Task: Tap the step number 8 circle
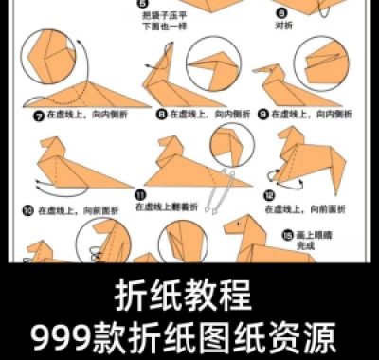pyautogui.click(x=161, y=114)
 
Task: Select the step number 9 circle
pyautogui.click(x=263, y=114)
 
